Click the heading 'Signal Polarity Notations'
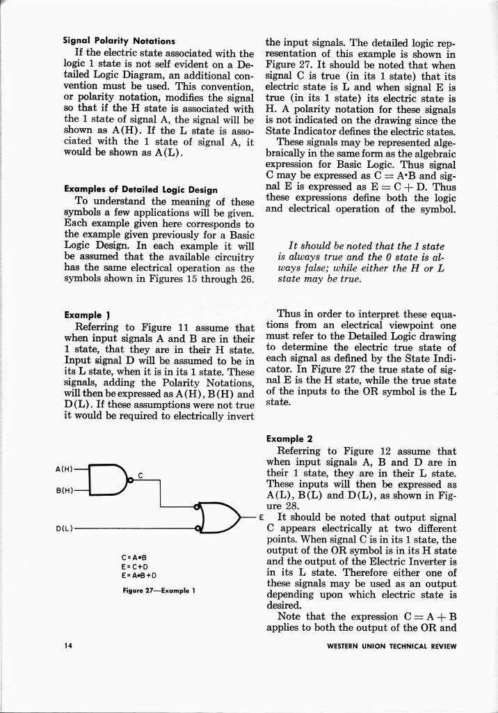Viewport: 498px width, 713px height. (120, 41)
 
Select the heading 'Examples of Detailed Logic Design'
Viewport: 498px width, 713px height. (140, 189)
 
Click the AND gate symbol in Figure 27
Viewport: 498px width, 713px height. (111, 478)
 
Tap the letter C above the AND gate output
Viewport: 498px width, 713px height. (140, 475)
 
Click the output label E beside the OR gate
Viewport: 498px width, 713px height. (260, 517)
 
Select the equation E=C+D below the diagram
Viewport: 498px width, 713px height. (132, 566)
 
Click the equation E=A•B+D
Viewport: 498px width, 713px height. (138, 575)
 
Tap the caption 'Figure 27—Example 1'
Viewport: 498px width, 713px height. (158, 590)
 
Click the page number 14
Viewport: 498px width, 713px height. (68, 645)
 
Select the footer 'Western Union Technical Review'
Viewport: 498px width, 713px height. (392, 645)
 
